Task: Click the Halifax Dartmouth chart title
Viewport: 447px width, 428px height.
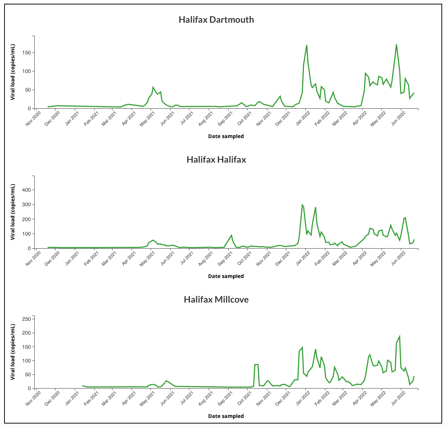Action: pyautogui.click(x=216, y=20)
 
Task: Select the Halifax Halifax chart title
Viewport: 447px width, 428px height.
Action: pyautogui.click(x=216, y=160)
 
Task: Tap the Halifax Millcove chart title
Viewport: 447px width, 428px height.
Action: pyautogui.click(x=216, y=300)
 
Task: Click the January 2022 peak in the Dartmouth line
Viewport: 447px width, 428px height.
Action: pyautogui.click(x=307, y=45)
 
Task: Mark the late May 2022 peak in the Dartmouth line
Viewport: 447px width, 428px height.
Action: pyautogui.click(x=396, y=45)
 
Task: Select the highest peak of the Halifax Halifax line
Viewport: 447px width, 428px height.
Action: pyautogui.click(x=302, y=205)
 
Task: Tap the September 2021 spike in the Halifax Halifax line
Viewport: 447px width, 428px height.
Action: pyautogui.click(x=231, y=235)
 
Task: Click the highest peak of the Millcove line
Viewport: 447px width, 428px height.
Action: pyautogui.click(x=400, y=336)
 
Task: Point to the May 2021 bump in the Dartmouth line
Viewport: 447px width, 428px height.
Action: pyautogui.click(x=153, y=87)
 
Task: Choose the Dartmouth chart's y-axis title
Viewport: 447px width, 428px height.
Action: pyautogui.click(x=13, y=72)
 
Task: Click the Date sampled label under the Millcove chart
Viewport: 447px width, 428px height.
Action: pyautogui.click(x=226, y=416)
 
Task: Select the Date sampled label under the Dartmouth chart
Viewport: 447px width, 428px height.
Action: pyautogui.click(x=226, y=136)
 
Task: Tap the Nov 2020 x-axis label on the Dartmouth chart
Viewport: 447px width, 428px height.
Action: pyautogui.click(x=33, y=119)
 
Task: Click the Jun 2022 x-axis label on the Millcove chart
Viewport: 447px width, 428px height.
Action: pyautogui.click(x=398, y=399)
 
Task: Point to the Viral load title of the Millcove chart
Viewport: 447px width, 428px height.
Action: pyautogui.click(x=13, y=352)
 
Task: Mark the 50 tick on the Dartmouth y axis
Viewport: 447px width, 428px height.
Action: pyautogui.click(x=27, y=90)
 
